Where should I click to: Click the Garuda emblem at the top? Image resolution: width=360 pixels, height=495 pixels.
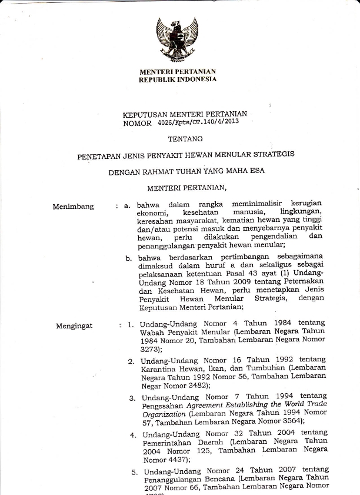176,39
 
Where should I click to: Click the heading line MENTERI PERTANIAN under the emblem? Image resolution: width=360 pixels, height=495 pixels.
177,72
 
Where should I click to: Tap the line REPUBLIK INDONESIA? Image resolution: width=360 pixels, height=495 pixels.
177,79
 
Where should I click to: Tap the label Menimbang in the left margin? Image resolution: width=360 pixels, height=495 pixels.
73,207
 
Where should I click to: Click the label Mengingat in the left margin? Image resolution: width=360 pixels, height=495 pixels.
74,325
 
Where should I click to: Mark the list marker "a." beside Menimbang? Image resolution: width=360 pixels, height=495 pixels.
126,205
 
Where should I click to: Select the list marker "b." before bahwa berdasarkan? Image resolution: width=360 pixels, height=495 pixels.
128,258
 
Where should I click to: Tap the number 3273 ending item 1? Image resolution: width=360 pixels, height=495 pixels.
151,349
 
